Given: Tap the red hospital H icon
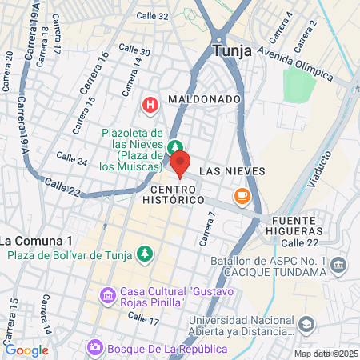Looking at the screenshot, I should (150, 104).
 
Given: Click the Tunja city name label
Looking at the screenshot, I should (233, 51).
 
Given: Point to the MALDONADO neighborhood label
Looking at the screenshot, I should (204, 99).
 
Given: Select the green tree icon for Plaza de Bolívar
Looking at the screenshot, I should (145, 254).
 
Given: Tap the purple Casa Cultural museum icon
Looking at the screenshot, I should (107, 296).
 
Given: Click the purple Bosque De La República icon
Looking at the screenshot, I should (95, 346).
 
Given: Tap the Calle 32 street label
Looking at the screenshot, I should (152, 15).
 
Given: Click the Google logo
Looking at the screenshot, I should (27, 350).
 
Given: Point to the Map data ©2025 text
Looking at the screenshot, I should (326, 354).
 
